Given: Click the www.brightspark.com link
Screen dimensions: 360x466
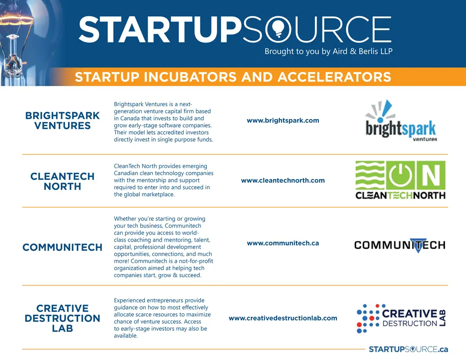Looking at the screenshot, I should (x=283, y=121).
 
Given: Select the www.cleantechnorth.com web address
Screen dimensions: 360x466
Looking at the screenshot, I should (x=283, y=181).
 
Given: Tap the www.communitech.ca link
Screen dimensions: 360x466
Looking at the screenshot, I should (x=283, y=243).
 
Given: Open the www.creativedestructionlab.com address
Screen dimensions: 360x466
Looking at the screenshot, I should (x=283, y=319).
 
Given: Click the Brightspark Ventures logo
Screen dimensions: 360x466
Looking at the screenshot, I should (x=401, y=121).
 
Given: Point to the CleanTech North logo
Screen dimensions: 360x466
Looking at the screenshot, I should (x=400, y=180).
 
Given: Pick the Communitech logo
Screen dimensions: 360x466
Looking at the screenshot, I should (x=399, y=245).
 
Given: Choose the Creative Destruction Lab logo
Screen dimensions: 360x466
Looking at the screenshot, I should (x=401, y=319).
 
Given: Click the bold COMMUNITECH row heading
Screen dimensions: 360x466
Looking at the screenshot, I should (x=62, y=248).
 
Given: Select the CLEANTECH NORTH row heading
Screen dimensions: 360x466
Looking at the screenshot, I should (x=62, y=181).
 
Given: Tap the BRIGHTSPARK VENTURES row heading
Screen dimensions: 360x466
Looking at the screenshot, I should (x=62, y=121).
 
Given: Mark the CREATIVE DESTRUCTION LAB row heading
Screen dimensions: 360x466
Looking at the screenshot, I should (x=62, y=318).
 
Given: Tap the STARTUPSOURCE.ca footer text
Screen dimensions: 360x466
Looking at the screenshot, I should (x=408, y=349).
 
